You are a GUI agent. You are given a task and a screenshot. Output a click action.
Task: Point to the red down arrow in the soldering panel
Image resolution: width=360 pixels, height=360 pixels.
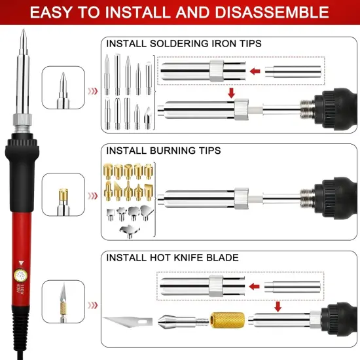click(x=230, y=94)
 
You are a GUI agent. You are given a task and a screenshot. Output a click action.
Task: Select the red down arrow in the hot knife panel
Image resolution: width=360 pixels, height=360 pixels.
click(x=278, y=306)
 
